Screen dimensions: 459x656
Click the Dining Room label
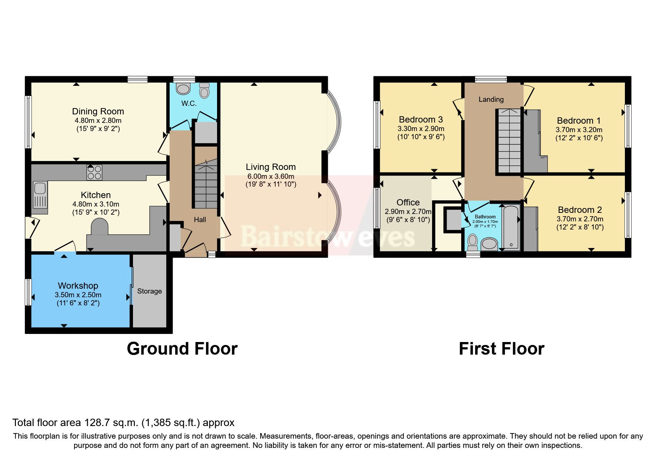98,111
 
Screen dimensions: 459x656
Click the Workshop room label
78,286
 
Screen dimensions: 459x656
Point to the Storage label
149,291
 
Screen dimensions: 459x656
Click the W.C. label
189,104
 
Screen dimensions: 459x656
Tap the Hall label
200,220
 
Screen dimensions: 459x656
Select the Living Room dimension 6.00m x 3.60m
270,177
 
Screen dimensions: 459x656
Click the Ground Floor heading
182,349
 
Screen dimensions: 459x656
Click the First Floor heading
501,349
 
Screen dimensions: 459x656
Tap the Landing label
491,99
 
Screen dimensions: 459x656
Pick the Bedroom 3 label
420,120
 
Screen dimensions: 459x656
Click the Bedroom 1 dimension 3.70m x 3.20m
579,130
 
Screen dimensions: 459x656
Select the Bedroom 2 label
579,210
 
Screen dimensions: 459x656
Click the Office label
408,202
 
